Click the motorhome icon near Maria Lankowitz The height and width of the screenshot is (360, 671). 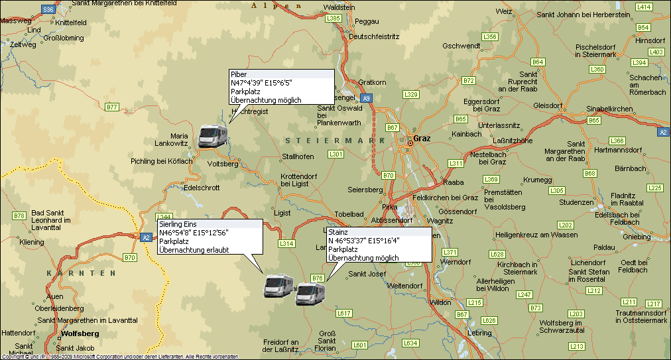[x=213, y=135]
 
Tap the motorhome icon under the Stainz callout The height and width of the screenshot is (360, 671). [x=310, y=293]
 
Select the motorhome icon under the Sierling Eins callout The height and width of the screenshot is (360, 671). [x=279, y=285]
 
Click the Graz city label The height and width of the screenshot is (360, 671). [x=422, y=139]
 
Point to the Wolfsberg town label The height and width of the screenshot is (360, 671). [x=80, y=333]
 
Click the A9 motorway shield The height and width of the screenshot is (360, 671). [x=367, y=98]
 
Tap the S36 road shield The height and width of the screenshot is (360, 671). [x=48, y=9]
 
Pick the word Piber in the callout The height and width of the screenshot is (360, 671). [x=239, y=74]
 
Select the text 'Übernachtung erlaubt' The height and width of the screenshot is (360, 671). [x=194, y=250]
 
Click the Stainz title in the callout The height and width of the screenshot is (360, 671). [x=338, y=233]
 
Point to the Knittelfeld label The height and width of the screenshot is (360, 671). [x=71, y=22]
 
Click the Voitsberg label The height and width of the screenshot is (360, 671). [x=223, y=164]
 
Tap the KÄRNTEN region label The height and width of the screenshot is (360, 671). [x=76, y=273]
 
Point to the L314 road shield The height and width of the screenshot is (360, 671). [x=286, y=244]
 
